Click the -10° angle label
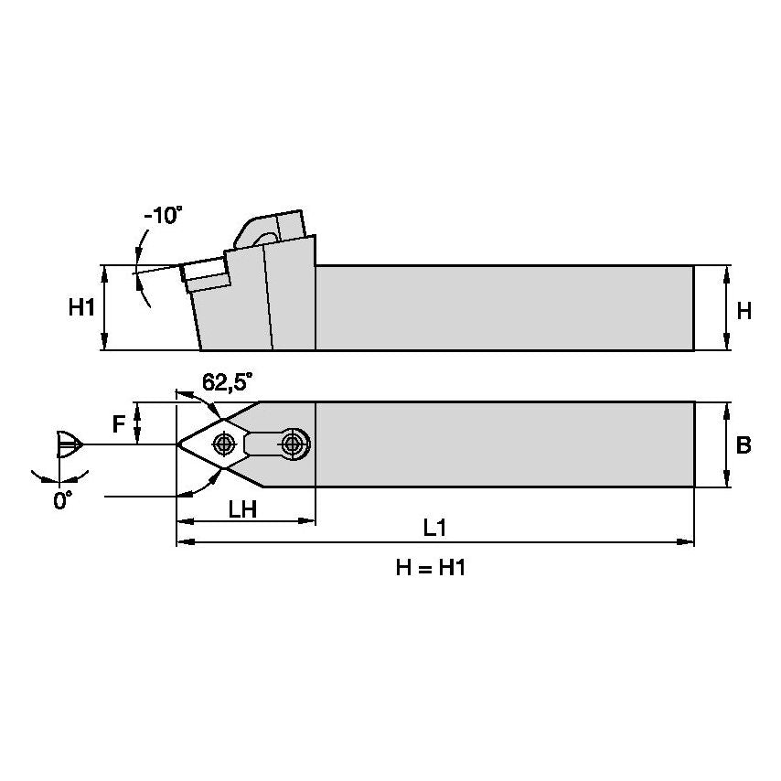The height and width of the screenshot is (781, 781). pyautogui.click(x=163, y=216)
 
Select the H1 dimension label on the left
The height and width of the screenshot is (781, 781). pyautogui.click(x=81, y=309)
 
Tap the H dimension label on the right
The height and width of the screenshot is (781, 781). pyautogui.click(x=744, y=311)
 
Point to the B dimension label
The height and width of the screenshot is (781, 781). pyautogui.click(x=744, y=445)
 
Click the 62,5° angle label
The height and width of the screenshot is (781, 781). pyautogui.click(x=227, y=383)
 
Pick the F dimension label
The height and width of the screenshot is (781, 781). pyautogui.click(x=118, y=423)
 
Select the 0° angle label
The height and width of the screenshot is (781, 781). pyautogui.click(x=61, y=501)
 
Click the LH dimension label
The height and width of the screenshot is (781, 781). pyautogui.click(x=241, y=509)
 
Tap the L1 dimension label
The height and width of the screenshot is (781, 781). pyautogui.click(x=434, y=530)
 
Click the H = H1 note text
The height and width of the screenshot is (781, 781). pyautogui.click(x=431, y=568)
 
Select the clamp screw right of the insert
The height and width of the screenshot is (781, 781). pyautogui.click(x=292, y=444)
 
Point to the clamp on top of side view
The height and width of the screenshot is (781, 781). pyautogui.click(x=269, y=227)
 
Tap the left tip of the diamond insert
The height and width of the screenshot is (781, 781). pyautogui.click(x=178, y=444)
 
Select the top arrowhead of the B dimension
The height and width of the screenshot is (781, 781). pyautogui.click(x=726, y=407)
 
